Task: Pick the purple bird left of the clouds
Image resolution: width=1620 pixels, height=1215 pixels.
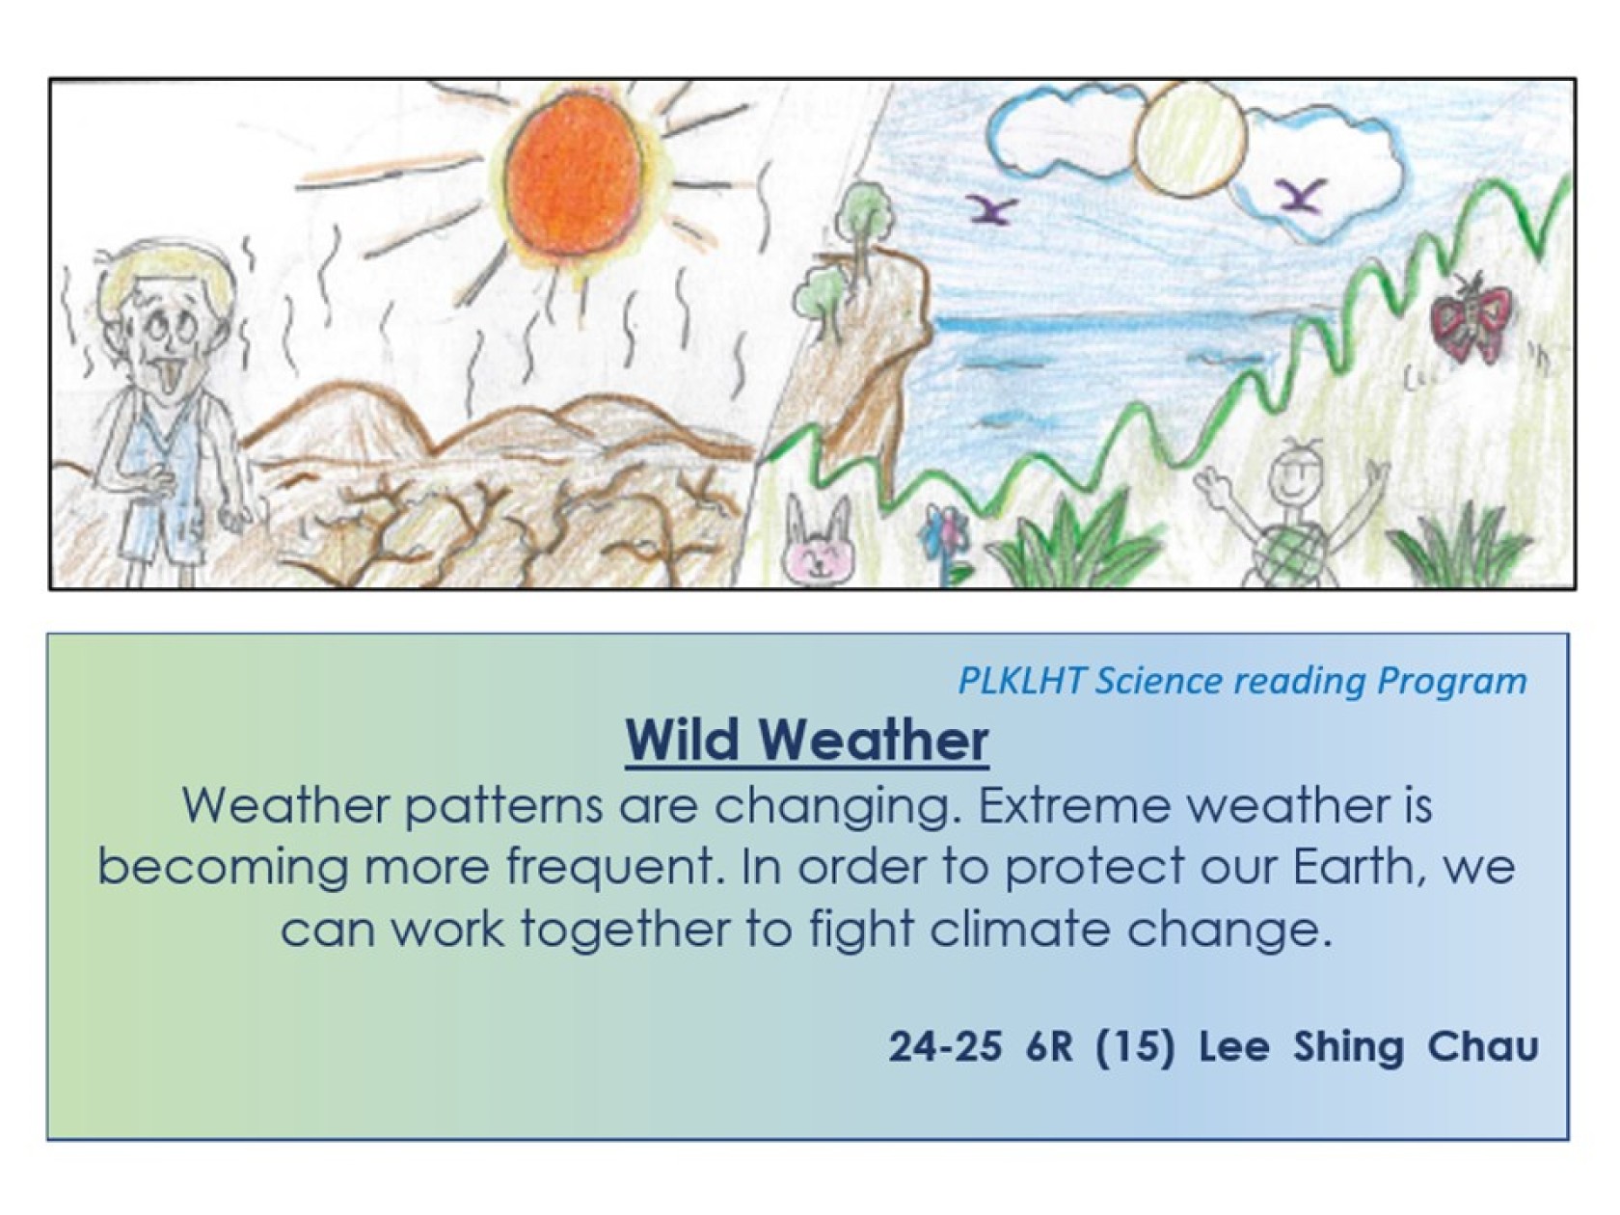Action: pyautogui.click(x=989, y=209)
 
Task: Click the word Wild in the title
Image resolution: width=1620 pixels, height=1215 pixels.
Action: pyautogui.click(x=682, y=740)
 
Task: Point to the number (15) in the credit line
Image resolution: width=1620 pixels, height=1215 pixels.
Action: pyautogui.click(x=1134, y=1047)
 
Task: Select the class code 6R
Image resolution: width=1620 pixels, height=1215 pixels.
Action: pyautogui.click(x=1048, y=1047)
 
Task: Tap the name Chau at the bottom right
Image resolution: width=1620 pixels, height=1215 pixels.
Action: pyautogui.click(x=1483, y=1047)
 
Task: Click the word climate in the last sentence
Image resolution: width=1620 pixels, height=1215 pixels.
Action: pyautogui.click(x=1019, y=930)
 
